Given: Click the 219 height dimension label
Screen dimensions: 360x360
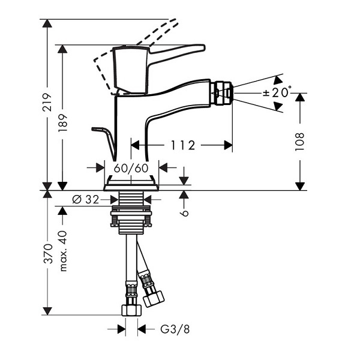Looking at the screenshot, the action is [x=47, y=102].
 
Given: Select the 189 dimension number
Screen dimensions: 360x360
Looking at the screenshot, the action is [x=62, y=123].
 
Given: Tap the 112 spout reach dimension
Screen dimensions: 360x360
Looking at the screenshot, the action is [x=183, y=145].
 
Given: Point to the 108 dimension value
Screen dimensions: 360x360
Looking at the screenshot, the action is [x=300, y=142].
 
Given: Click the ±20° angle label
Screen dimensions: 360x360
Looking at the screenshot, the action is [x=277, y=92].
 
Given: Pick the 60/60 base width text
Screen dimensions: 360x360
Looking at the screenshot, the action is [x=131, y=168].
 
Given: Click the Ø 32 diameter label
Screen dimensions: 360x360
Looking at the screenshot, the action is [x=86, y=199].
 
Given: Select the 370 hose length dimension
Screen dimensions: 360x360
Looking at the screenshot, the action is [x=48, y=254].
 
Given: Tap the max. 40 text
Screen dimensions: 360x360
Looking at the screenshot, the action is [x=63, y=251].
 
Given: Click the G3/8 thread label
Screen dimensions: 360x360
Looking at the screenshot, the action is [x=175, y=329].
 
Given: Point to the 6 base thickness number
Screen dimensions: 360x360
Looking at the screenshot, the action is [x=184, y=213].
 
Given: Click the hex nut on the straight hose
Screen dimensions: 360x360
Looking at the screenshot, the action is [x=131, y=310].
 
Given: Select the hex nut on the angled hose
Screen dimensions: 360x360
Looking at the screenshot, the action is [x=154, y=298].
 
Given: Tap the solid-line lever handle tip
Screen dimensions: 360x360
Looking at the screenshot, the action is [x=203, y=47].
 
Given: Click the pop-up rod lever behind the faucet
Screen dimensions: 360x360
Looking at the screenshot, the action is [x=104, y=142].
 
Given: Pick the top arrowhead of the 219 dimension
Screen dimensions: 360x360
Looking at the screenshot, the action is [x=47, y=23].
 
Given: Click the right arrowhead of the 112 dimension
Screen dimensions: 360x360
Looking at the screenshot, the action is [x=228, y=145].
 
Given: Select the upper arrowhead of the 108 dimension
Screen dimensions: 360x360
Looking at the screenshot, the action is [x=300, y=97].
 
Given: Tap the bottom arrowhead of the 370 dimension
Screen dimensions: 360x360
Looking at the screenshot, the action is [x=47, y=311].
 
